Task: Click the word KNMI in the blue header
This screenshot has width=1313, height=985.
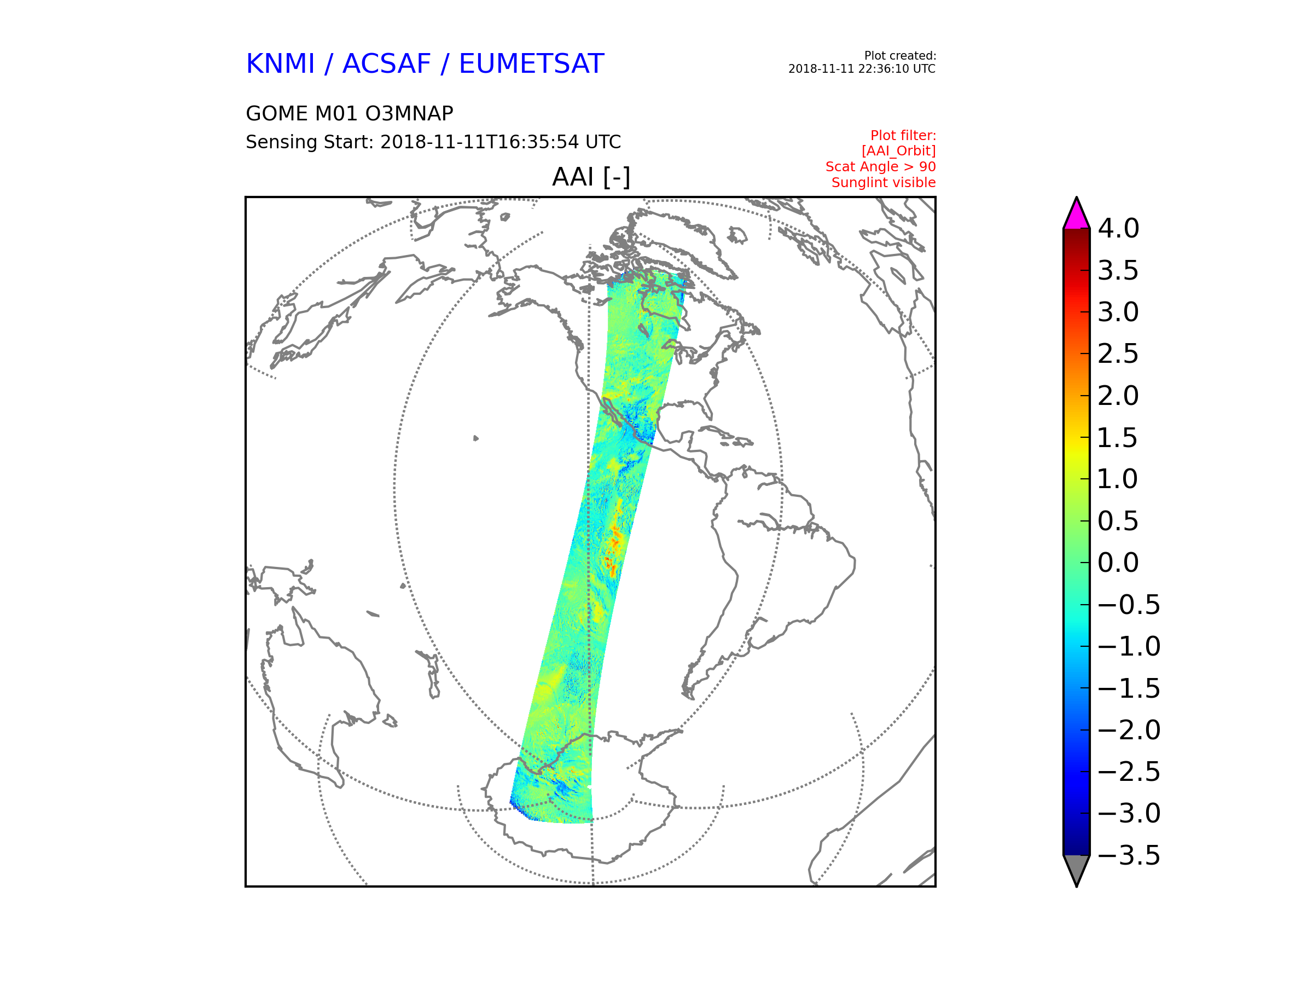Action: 280,63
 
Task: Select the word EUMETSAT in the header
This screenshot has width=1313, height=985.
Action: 531,63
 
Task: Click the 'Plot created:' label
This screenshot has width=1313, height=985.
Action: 900,56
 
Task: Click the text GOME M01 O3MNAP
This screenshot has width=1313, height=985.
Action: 350,113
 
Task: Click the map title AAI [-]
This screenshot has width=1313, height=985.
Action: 591,177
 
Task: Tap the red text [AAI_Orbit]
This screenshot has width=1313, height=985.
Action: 899,152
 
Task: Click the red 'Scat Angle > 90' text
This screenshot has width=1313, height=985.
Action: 880,167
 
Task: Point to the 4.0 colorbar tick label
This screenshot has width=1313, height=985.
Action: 1118,229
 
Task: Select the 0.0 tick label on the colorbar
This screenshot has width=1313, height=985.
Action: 1118,563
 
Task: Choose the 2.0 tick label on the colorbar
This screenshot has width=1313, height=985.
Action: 1118,396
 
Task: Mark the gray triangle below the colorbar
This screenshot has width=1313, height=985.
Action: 1077,867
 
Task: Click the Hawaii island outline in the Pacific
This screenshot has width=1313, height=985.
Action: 476,438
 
